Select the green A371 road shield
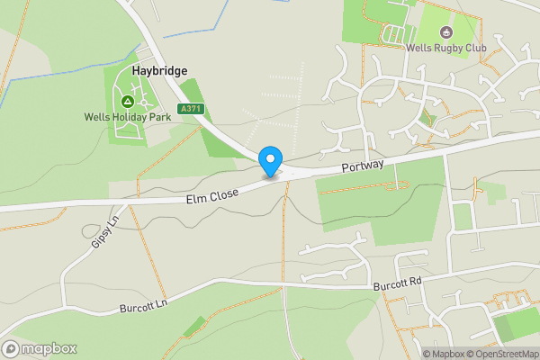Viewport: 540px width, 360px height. [191, 109]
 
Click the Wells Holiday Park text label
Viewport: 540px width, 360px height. [127, 117]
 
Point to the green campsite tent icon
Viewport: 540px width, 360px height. [127, 102]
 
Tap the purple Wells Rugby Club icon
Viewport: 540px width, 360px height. [445, 33]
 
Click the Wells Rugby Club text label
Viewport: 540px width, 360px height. [445, 48]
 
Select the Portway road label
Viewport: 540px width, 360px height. [363, 166]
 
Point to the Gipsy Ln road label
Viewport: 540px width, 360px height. [103, 233]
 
